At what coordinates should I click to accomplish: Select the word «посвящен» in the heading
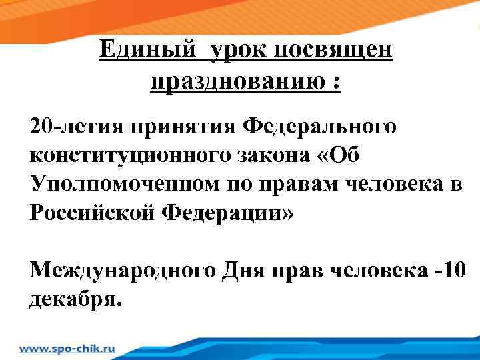(x=335, y=51)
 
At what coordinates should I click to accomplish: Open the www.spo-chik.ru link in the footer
(x=67, y=348)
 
